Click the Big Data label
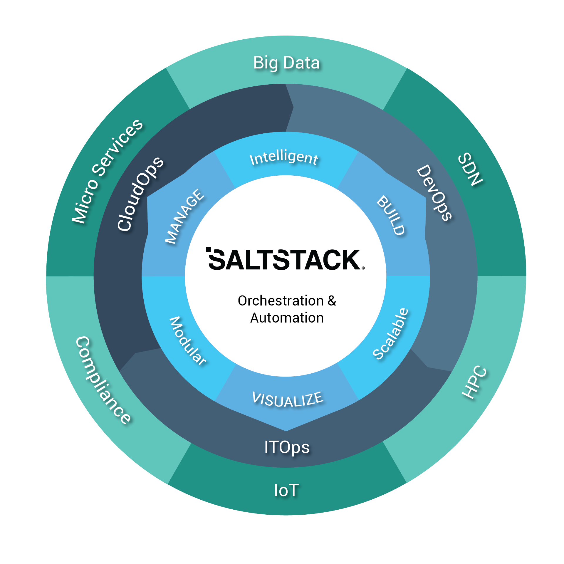coord(286,63)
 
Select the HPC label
coord(474,382)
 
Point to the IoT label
coord(286,490)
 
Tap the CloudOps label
coord(140,194)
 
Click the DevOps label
coord(434,193)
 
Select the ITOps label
coord(287,447)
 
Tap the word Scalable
coord(391,334)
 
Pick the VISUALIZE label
coord(288,400)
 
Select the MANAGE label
coord(184,216)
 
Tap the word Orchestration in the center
coord(281,301)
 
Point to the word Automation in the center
coord(287,318)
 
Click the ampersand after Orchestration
coord(332,301)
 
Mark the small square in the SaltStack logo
coord(209,249)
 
